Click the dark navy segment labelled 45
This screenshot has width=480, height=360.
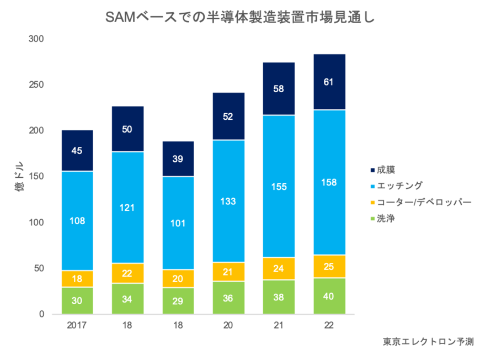click(77, 150)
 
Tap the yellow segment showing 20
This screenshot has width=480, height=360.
click(178, 278)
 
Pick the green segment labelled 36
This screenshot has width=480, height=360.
click(228, 298)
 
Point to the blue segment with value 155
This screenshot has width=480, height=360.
click(279, 186)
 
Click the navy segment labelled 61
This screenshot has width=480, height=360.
click(329, 82)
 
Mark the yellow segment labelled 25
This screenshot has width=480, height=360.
click(329, 266)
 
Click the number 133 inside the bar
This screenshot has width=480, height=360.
click(228, 202)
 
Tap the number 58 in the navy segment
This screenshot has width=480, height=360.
click(279, 88)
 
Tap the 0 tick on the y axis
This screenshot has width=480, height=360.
click(41, 314)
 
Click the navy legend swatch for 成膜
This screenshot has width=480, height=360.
click(372, 170)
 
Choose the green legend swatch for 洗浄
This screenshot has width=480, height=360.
click(372, 219)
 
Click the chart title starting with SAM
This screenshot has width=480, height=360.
click(240, 18)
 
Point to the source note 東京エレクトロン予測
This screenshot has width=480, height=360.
click(428, 342)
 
